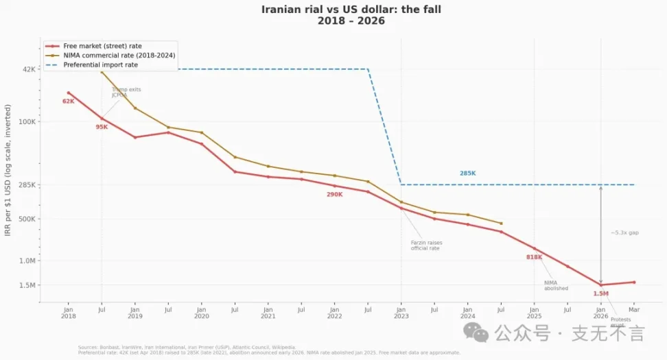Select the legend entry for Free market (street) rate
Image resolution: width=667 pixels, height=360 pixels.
tap(102, 46)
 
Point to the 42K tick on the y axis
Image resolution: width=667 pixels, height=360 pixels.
tap(28, 69)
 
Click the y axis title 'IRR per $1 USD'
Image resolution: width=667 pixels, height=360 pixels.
tap(8, 171)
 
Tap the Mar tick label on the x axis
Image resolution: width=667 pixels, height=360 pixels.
tap(633, 310)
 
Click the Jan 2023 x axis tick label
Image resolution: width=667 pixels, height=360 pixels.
tap(401, 313)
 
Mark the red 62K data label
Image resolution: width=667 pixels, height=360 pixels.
tap(68, 101)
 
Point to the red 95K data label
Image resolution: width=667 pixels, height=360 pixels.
tap(102, 127)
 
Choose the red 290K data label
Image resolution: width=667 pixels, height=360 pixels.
tap(334, 195)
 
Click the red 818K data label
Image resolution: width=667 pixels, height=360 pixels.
tap(534, 257)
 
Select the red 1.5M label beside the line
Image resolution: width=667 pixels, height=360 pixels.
tap(600, 293)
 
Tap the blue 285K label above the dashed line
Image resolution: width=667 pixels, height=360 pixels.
tap(467, 173)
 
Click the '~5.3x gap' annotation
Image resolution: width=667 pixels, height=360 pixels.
tap(624, 232)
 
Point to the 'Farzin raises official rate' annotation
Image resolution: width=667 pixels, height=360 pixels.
tap(426, 245)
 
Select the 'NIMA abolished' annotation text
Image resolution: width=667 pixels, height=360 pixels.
tap(556, 285)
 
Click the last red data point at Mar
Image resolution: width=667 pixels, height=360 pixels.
tap(633, 282)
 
